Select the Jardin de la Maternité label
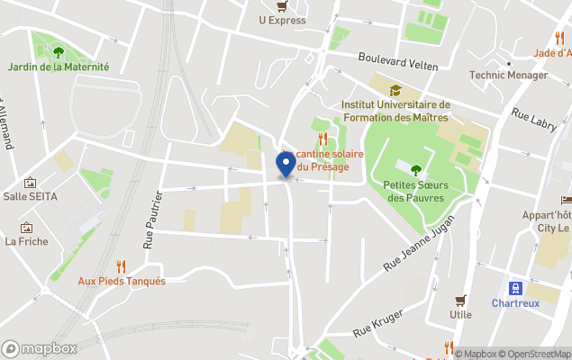click(59, 67)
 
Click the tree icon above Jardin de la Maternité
click(59, 52)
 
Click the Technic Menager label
click(508, 76)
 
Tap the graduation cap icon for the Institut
click(395, 90)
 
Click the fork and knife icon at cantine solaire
click(322, 139)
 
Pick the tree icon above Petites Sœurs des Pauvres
click(415, 169)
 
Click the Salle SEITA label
click(29, 196)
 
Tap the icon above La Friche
click(26, 228)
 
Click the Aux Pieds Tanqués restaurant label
click(121, 281)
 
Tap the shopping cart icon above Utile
click(461, 301)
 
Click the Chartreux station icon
click(515, 288)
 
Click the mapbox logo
click(40, 348)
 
